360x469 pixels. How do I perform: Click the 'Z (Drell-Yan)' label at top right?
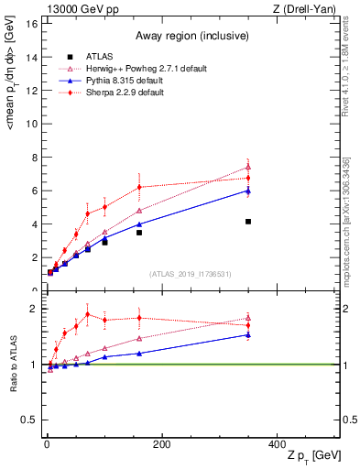click(x=307, y=9)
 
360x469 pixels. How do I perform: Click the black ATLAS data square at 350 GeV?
click(x=248, y=222)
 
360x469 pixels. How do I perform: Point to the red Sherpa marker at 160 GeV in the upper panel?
click(x=139, y=187)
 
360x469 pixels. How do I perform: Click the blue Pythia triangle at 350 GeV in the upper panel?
click(x=248, y=190)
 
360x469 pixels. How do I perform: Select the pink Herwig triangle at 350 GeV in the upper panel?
click(x=248, y=167)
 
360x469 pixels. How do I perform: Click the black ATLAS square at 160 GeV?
click(x=139, y=233)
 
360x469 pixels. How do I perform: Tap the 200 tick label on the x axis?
click(x=162, y=444)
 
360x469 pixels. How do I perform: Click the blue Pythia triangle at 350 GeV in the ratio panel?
click(x=248, y=334)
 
